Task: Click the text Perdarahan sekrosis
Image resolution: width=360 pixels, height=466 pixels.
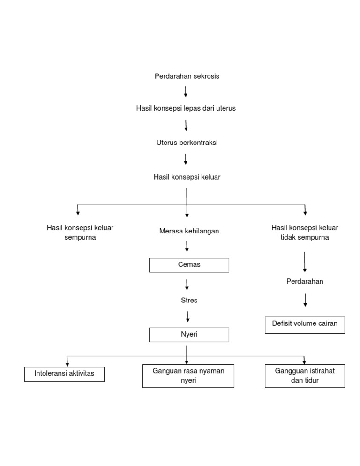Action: click(x=187, y=76)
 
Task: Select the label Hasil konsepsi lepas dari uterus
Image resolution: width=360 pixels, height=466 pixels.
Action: click(x=186, y=108)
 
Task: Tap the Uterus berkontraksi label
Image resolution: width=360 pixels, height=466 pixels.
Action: click(x=187, y=143)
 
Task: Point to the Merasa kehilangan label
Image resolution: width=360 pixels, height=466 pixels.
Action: click(x=189, y=231)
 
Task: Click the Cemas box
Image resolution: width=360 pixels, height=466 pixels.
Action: click(x=189, y=265)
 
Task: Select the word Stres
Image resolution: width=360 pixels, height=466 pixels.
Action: click(x=189, y=301)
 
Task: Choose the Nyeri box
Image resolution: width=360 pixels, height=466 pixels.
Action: click(x=189, y=335)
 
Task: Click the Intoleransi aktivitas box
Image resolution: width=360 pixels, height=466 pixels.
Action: click(x=64, y=374)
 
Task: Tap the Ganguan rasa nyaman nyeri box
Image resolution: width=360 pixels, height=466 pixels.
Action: click(x=188, y=376)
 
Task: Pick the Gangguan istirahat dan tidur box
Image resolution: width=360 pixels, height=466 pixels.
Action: click(x=305, y=376)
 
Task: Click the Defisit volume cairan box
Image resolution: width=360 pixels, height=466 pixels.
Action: click(x=305, y=325)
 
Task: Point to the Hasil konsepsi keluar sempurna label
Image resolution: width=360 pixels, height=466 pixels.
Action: click(x=80, y=233)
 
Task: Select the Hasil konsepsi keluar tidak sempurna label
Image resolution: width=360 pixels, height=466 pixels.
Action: click(x=305, y=233)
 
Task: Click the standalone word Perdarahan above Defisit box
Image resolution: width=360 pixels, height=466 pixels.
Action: click(x=305, y=282)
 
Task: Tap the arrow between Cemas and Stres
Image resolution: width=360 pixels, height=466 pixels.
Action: click(x=187, y=285)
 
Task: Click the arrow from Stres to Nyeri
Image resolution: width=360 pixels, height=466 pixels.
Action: click(x=187, y=316)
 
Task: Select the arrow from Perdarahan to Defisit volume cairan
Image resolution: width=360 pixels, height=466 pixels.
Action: click(x=305, y=300)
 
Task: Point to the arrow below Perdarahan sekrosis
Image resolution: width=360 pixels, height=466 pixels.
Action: click(x=186, y=91)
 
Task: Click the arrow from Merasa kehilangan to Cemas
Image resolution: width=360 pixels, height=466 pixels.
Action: click(x=187, y=246)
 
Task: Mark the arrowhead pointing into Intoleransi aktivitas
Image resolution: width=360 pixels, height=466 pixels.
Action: click(x=68, y=364)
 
